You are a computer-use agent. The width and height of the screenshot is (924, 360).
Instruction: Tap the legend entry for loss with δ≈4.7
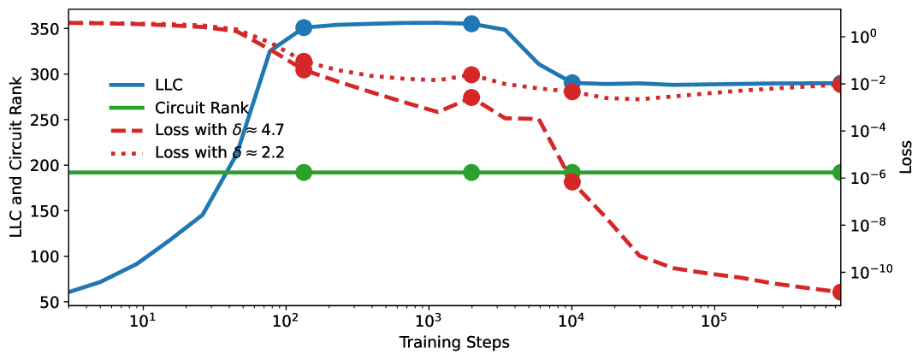click(219, 130)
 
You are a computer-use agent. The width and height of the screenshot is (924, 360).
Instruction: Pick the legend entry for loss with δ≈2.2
click(219, 153)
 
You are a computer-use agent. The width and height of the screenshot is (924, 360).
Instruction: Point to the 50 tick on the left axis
click(50, 302)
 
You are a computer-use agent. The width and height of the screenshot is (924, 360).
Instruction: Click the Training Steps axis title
click(454, 344)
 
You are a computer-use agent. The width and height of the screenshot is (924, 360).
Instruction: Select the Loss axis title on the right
click(905, 156)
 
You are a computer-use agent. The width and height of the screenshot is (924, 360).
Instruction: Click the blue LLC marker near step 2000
click(471, 24)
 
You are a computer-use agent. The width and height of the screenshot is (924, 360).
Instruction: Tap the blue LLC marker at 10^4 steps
click(572, 83)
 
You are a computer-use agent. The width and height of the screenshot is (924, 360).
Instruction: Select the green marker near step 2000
click(471, 173)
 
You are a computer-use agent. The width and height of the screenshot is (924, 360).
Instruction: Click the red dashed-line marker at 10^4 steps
click(572, 181)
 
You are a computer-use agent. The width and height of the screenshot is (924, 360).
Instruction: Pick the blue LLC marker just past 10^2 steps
click(303, 27)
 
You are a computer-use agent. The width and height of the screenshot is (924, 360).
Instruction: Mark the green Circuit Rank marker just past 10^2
click(303, 173)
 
